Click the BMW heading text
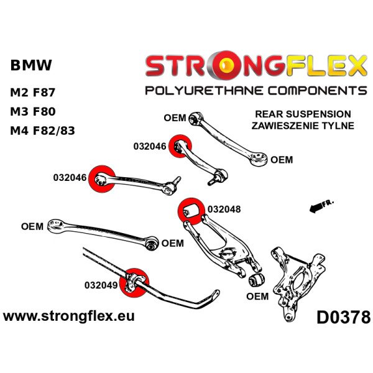tap(31, 65)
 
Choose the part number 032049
tap(101, 285)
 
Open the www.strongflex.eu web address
tap(68, 316)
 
